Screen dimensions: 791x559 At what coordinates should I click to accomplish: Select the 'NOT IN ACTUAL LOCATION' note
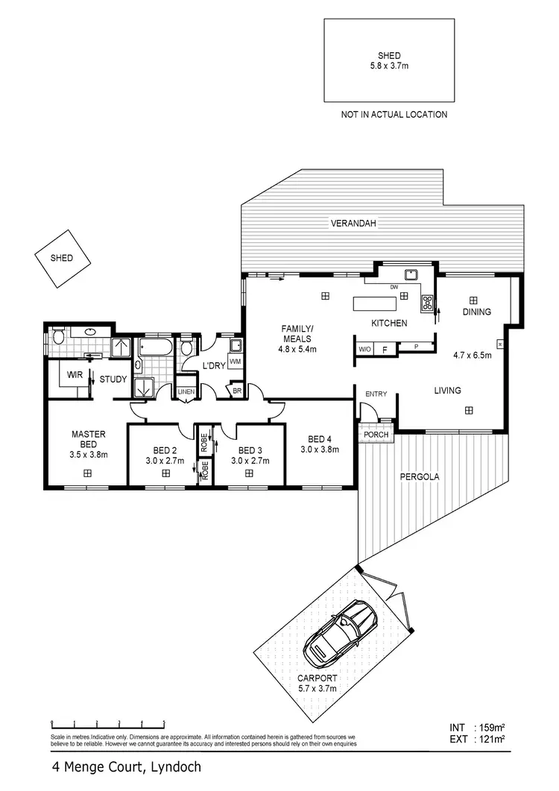point(394,115)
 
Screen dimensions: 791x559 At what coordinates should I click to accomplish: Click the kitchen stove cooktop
point(429,303)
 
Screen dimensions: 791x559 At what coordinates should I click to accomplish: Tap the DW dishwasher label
point(394,287)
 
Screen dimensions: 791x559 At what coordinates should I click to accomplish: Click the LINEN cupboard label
point(185,391)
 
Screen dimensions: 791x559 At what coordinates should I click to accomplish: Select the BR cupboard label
point(237,391)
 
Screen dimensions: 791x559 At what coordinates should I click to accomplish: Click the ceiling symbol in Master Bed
point(87,473)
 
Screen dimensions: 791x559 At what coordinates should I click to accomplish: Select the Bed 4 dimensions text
point(320,450)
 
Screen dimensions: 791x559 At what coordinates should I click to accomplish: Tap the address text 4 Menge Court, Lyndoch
point(126,766)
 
